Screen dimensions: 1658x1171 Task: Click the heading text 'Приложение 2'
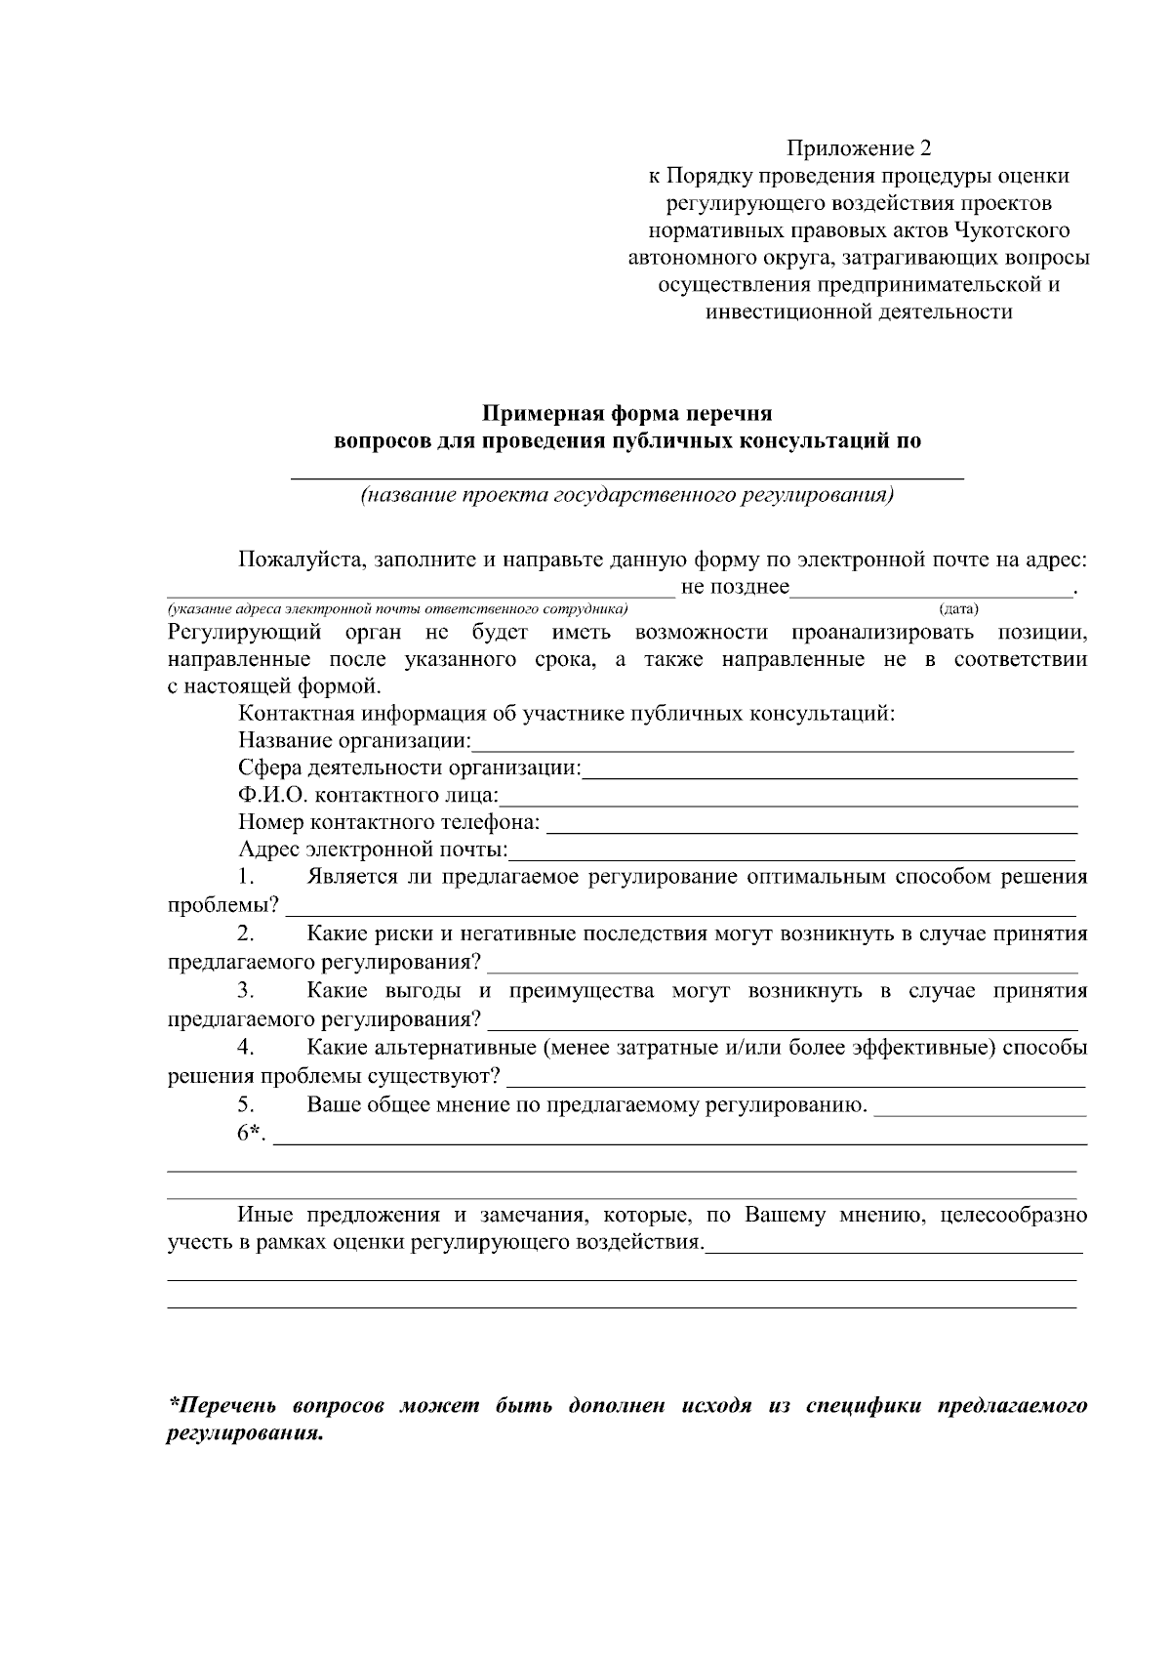coord(859,148)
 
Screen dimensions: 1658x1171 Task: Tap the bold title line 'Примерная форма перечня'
coord(628,412)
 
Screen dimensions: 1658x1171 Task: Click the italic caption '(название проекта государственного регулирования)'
coord(627,494)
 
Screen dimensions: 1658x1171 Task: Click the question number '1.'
coord(246,876)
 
